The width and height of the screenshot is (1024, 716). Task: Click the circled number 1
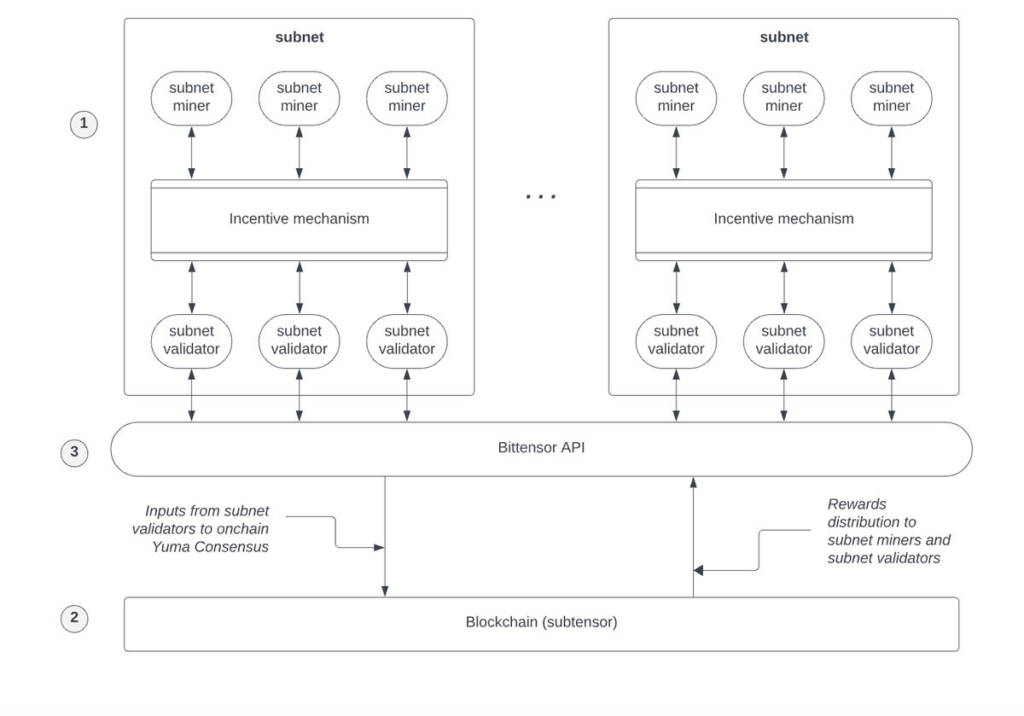[x=84, y=124]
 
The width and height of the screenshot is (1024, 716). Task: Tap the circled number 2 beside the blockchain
[x=74, y=619]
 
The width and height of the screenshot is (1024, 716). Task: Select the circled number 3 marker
[x=74, y=452]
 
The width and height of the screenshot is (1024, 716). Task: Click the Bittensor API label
[x=541, y=447]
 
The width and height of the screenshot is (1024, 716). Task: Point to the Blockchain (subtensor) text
[x=541, y=622]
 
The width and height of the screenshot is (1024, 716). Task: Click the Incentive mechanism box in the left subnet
[x=299, y=220]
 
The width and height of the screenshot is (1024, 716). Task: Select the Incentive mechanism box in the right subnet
[x=783, y=220]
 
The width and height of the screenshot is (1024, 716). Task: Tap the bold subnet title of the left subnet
[x=300, y=37]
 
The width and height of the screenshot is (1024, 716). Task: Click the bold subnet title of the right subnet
[x=784, y=37]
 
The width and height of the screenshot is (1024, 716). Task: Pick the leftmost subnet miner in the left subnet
[x=191, y=98]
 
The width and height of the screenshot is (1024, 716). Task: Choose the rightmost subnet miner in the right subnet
[x=892, y=98]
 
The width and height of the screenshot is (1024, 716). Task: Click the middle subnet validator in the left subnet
[x=299, y=341]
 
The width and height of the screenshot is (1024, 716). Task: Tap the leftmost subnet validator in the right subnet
[x=676, y=341]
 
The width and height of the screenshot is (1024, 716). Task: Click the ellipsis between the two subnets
[x=541, y=196]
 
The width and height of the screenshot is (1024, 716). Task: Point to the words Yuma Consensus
[x=210, y=547]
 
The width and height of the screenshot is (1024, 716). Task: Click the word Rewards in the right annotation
[x=857, y=504]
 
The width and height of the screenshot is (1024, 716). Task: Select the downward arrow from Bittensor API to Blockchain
[x=385, y=536]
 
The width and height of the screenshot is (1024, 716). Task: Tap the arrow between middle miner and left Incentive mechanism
[x=299, y=152]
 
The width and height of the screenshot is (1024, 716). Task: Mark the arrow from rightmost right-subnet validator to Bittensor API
[x=892, y=395]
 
